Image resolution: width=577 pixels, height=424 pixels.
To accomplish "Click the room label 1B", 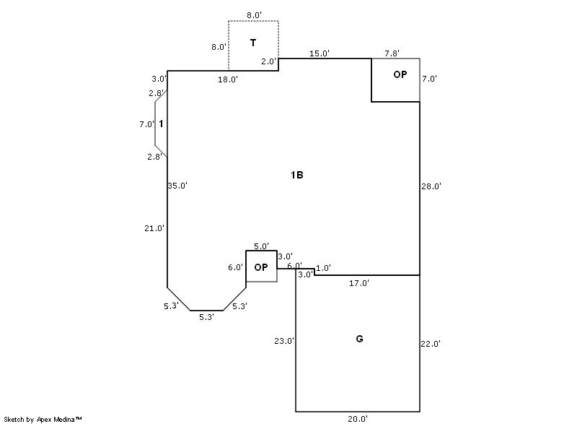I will pos(296,175).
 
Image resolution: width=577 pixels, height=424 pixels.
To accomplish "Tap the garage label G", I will pos(359,339).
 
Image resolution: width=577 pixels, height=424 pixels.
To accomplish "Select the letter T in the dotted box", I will pos(253,43).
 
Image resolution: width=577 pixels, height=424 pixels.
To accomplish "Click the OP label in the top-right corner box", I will pos(400,74).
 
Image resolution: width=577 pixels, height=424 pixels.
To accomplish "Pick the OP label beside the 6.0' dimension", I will pos(261,267).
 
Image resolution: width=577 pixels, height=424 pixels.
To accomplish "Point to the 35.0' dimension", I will pos(177,186).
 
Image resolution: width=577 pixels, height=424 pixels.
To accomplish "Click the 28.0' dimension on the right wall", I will pos(431,186).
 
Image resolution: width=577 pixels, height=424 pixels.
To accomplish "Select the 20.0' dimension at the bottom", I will pos(358,418).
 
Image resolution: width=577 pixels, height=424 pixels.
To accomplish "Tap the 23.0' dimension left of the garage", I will pos(283,341).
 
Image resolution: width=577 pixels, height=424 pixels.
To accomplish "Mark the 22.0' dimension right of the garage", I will pos(431,345).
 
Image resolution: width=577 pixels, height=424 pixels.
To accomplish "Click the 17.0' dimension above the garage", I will pos(358,283).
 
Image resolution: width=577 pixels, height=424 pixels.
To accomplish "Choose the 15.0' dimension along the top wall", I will pos(320,53).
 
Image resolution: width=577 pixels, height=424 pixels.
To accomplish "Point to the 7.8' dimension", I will pos(392,53).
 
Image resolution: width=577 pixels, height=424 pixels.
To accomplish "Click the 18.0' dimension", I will pos(228,79).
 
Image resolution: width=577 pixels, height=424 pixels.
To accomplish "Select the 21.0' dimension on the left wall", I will pos(154,228).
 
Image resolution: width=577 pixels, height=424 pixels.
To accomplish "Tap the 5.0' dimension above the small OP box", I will pos(261,246).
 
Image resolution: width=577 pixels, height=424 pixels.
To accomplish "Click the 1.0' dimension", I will pos(323,268).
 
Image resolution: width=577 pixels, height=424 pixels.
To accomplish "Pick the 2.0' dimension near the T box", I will pos(268,62).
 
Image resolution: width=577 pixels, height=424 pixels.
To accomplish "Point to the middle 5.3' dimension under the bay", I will pos(206,317).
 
